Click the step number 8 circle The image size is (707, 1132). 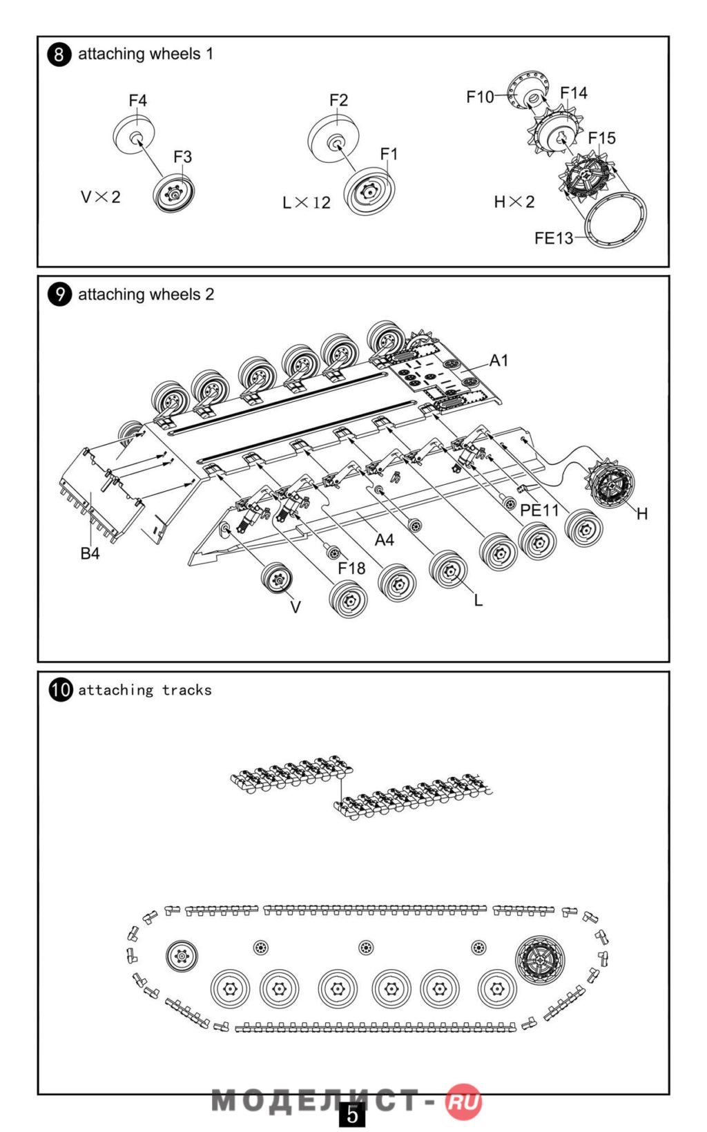click(x=59, y=54)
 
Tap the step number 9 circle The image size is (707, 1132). click(x=59, y=294)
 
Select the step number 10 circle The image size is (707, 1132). click(x=61, y=689)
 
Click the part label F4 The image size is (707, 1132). click(x=138, y=101)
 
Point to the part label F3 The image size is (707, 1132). click(x=182, y=157)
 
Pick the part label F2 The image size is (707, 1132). click(x=338, y=101)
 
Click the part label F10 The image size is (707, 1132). click(x=480, y=97)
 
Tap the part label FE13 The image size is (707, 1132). click(x=554, y=238)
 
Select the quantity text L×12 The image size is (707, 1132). click(x=307, y=203)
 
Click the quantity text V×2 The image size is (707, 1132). click(x=101, y=198)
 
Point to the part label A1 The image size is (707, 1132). click(x=498, y=361)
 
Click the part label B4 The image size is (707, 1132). click(x=90, y=553)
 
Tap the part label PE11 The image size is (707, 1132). click(x=539, y=510)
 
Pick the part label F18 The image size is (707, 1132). click(x=351, y=568)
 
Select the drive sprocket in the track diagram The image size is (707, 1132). click(x=539, y=960)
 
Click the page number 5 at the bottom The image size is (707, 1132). click(x=352, y=1115)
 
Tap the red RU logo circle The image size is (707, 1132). click(x=463, y=1101)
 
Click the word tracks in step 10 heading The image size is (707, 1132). click(x=186, y=690)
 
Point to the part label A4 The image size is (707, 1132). click(x=384, y=540)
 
